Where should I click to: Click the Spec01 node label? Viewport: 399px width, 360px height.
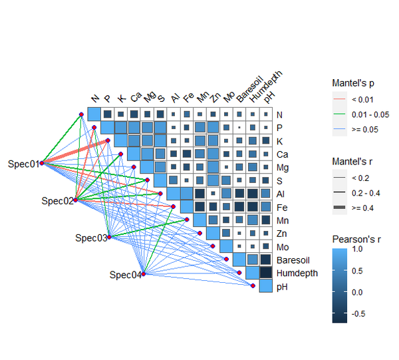point(23,163)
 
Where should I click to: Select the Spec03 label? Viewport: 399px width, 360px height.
point(90,238)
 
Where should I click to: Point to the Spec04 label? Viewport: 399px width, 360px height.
point(125,275)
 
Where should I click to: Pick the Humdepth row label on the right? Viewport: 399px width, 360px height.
point(297,273)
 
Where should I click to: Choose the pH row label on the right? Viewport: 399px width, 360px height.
point(282,286)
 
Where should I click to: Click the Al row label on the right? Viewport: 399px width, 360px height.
point(281,193)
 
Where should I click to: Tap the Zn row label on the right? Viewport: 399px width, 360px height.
point(281,233)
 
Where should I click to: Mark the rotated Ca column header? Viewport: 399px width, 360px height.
point(136,97)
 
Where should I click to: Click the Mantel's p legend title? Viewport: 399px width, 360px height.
point(354,83)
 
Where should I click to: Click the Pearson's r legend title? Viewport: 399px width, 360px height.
point(358,239)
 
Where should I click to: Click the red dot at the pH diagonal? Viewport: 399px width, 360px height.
point(253,286)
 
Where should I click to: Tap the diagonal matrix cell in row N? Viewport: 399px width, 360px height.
point(94,114)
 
